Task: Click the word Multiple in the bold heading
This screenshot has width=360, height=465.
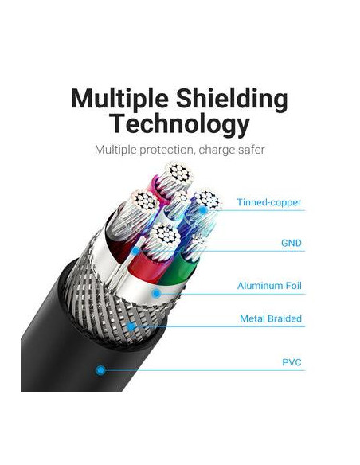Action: tap(119, 100)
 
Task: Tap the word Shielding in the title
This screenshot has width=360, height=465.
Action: tap(232, 100)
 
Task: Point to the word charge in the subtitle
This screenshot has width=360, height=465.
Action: tap(216, 150)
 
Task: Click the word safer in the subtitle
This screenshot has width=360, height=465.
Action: tap(251, 150)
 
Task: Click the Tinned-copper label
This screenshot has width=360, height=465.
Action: tap(268, 202)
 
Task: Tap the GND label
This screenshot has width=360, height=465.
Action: tap(292, 243)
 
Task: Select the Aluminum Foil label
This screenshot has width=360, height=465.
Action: tap(269, 286)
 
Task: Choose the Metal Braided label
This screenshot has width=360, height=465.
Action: tap(271, 318)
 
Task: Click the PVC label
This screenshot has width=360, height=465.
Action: tap(292, 362)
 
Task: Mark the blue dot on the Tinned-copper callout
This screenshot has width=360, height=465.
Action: tap(203, 210)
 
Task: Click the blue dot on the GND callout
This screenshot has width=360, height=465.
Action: tap(136, 251)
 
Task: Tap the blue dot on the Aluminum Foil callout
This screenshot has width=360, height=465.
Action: tap(157, 294)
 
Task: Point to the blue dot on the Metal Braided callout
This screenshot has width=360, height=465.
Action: tap(131, 326)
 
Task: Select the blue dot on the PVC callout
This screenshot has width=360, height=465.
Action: tap(101, 370)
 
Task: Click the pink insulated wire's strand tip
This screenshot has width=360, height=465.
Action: tap(178, 174)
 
